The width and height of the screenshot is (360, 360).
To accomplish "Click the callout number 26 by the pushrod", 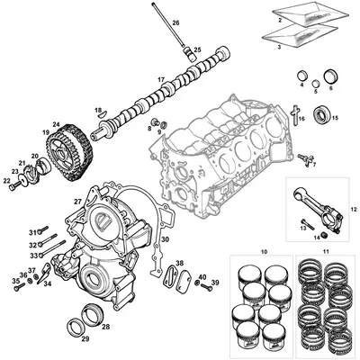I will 175,21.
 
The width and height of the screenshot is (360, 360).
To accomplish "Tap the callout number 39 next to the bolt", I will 215,282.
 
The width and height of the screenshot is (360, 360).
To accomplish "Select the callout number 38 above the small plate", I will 179,263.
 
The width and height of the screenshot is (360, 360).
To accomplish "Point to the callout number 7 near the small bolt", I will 315,165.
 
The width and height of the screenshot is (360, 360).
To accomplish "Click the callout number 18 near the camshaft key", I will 98,109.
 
